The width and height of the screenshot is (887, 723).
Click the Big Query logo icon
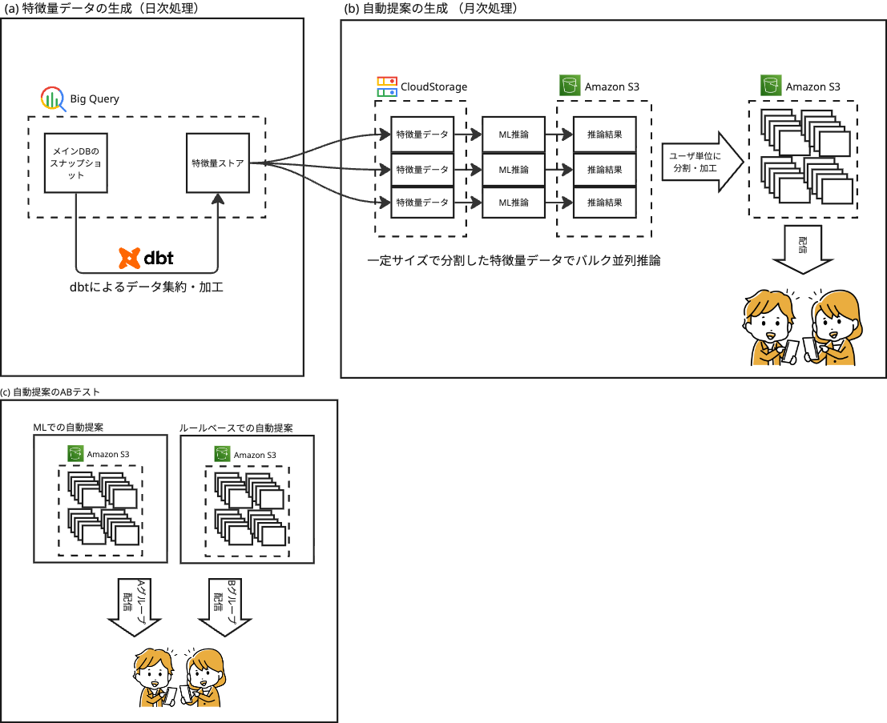pos(52,98)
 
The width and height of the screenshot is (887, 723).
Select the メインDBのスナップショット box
pos(75,163)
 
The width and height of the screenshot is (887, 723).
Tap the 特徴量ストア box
pos(217,163)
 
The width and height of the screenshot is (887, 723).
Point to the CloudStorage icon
pos(386,86)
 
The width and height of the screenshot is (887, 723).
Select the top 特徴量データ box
pos(422,135)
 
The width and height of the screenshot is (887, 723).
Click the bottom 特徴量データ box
pos(422,202)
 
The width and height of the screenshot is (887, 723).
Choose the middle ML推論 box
pos(514,169)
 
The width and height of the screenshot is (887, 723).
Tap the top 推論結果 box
pos(604,135)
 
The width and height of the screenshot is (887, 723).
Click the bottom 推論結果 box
pos(604,202)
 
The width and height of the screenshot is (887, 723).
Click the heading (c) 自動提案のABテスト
pos(55,392)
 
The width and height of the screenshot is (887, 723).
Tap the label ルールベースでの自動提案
pos(236,428)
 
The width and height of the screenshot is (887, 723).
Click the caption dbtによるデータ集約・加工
pos(146,286)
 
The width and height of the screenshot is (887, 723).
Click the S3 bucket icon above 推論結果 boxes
pos(570,86)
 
